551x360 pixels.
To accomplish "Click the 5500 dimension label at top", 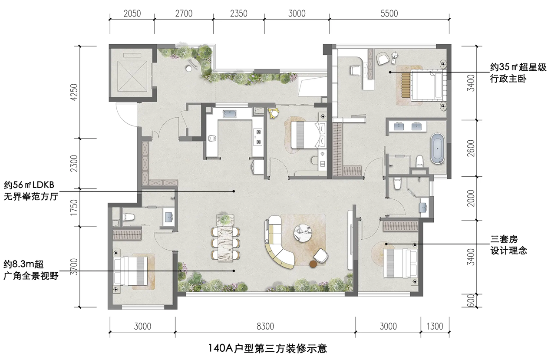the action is click(x=389, y=13).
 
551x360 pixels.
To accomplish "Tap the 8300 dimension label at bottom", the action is click(x=265, y=326).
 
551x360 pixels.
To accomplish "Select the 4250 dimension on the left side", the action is click(x=74, y=92).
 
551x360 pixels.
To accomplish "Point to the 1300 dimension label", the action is click(x=435, y=326).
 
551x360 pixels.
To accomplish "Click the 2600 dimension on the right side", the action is click(x=471, y=148).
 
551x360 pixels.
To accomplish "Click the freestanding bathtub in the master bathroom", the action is click(x=438, y=149).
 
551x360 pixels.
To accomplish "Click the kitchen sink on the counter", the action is click(x=229, y=114).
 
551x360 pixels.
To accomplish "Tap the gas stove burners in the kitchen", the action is click(x=258, y=136).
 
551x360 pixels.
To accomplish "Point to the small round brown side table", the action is click(x=313, y=264).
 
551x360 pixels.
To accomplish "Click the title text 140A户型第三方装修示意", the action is click(x=267, y=348).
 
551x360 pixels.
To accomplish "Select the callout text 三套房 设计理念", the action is click(x=509, y=245).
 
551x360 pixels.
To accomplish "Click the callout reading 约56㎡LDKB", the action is click(x=29, y=185).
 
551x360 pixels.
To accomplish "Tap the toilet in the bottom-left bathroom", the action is click(x=129, y=217).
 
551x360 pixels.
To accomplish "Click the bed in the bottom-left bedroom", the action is click(x=130, y=271).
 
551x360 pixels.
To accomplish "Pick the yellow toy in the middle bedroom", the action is click(x=274, y=113).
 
